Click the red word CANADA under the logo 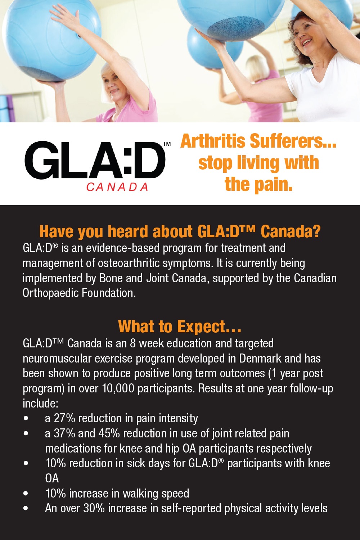[117, 187]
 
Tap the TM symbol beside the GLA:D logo [167, 144]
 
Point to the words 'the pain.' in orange [258, 184]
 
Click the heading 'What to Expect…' [180, 327]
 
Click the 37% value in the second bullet [64, 433]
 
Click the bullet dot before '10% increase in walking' [26, 493]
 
